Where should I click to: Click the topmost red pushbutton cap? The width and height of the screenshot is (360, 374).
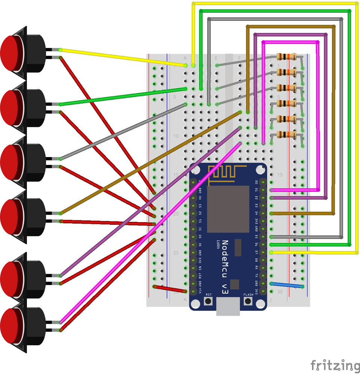(11, 52)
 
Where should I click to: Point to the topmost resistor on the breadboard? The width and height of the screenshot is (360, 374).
(286, 57)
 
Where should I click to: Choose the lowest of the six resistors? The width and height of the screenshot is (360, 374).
(286, 135)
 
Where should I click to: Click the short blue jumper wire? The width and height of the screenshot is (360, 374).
(287, 285)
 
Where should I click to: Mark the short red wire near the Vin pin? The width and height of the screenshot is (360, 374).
(170, 289)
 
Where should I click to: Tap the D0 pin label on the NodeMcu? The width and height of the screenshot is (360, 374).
(256, 182)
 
